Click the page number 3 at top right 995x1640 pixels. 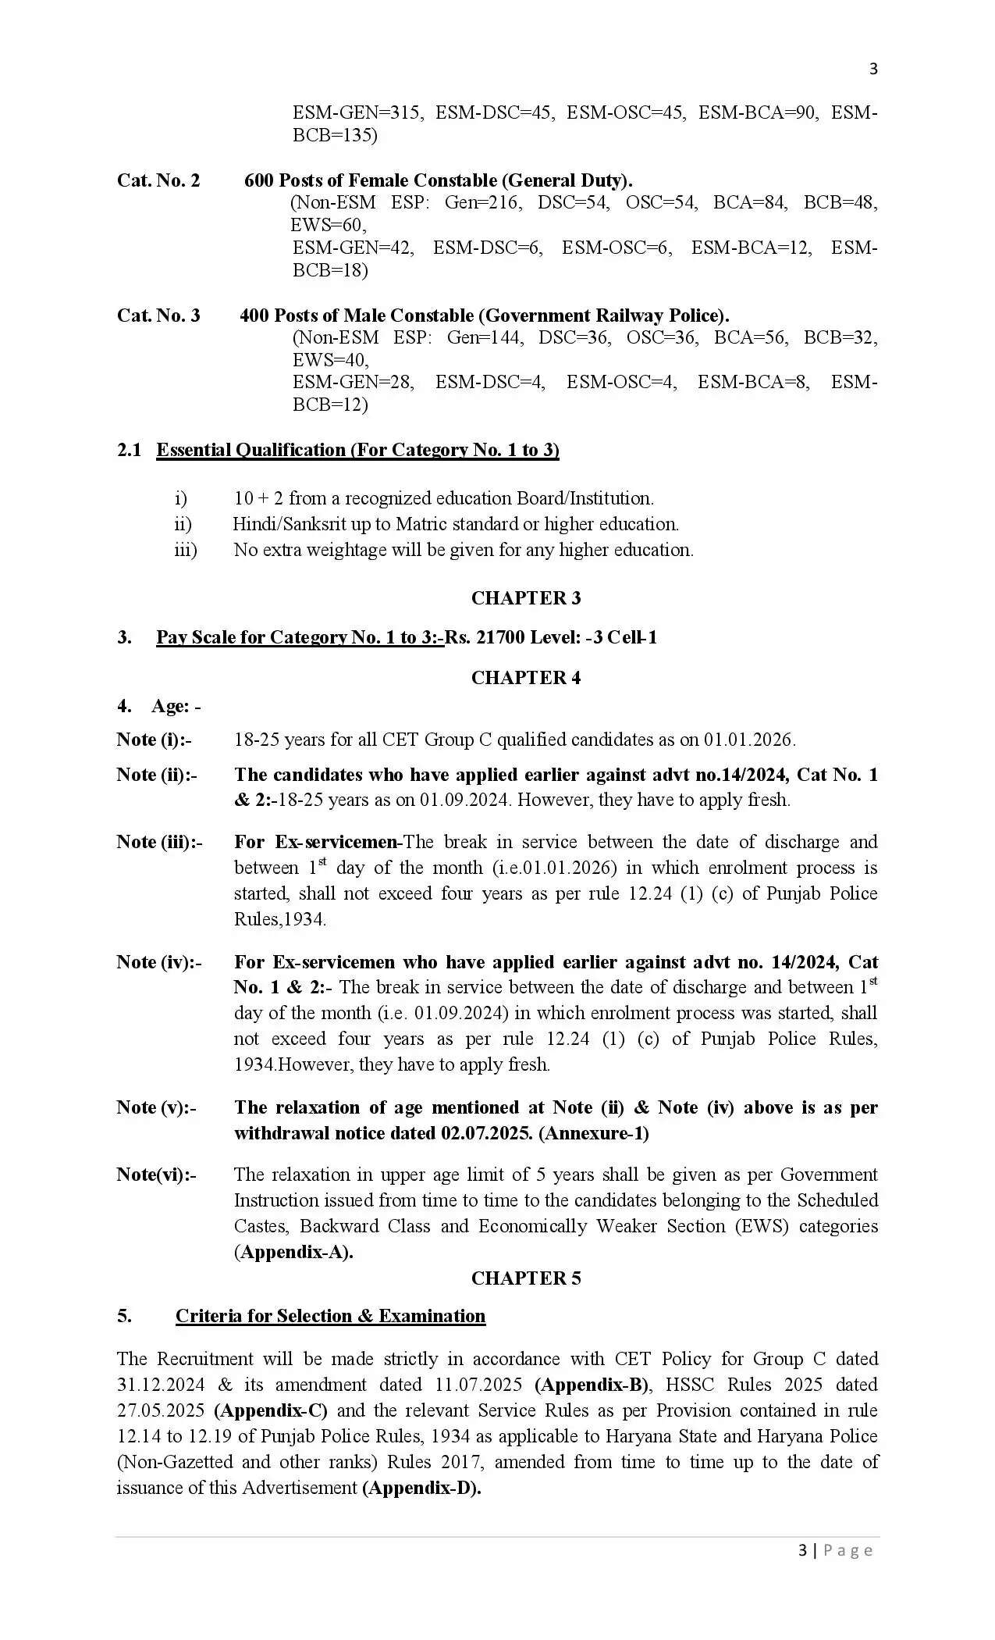[x=873, y=70]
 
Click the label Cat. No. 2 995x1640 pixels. [x=158, y=180]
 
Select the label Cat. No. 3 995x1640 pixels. [x=158, y=316]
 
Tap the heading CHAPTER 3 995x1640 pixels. [x=525, y=598]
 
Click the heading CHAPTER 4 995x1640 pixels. [x=525, y=678]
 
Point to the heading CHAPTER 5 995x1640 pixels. [x=525, y=1278]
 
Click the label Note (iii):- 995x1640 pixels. [x=159, y=842]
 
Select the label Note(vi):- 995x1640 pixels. [x=156, y=1175]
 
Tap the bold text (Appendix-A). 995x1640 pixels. [x=293, y=1252]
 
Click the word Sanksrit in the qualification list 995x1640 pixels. [x=302, y=524]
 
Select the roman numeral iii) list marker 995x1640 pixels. [x=186, y=550]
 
